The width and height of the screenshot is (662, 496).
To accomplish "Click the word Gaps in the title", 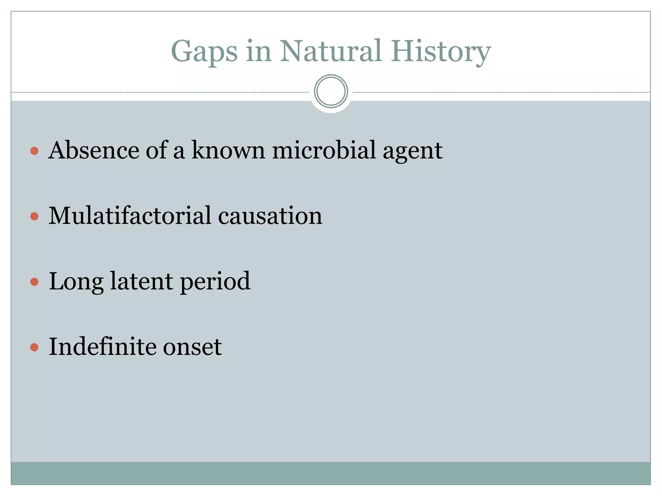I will pyautogui.click(x=204, y=52).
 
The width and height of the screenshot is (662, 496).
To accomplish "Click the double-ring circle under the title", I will pyautogui.click(x=331, y=91).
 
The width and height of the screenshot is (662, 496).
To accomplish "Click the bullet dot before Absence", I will pyautogui.click(x=34, y=151).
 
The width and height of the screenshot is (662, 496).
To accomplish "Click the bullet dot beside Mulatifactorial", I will pyautogui.click(x=34, y=216).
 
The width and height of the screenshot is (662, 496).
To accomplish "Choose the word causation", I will pyautogui.click(x=270, y=216).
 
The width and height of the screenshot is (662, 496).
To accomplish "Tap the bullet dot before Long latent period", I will pyautogui.click(x=34, y=282).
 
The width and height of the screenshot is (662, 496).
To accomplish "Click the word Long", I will pyautogui.click(x=76, y=282).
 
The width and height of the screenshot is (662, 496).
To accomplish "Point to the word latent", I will pyautogui.click(x=141, y=281).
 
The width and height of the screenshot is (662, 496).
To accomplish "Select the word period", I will pyautogui.click(x=215, y=282).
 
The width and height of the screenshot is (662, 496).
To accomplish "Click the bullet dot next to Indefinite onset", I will pyautogui.click(x=34, y=347).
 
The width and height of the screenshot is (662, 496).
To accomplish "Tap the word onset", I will pyautogui.click(x=192, y=347).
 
